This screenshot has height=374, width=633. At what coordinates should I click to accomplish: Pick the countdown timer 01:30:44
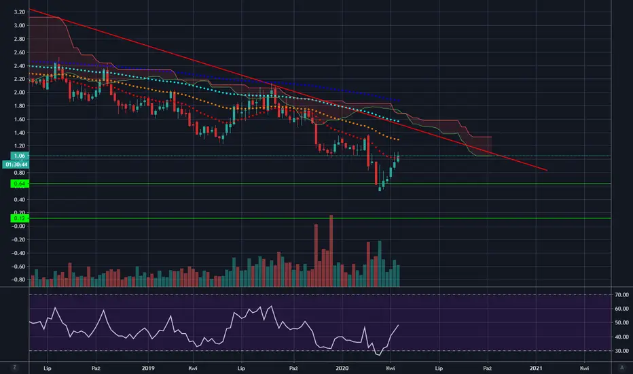point(14,165)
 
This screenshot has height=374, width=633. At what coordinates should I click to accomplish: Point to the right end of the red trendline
point(547,170)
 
